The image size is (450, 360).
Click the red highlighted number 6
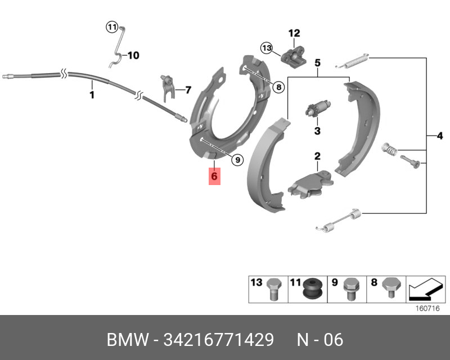click(214, 176)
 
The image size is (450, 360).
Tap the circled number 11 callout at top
click(111, 27)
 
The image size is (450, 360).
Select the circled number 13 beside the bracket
click(266, 47)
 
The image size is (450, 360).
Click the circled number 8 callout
click(278, 87)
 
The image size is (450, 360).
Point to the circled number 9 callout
click(237, 160)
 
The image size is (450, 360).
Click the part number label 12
click(294, 33)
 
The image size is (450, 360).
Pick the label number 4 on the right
click(439, 135)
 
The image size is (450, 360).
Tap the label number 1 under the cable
click(92, 96)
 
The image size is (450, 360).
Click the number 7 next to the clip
click(188, 89)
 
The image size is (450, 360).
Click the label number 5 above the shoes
click(317, 63)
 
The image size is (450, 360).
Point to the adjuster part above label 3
click(318, 109)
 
